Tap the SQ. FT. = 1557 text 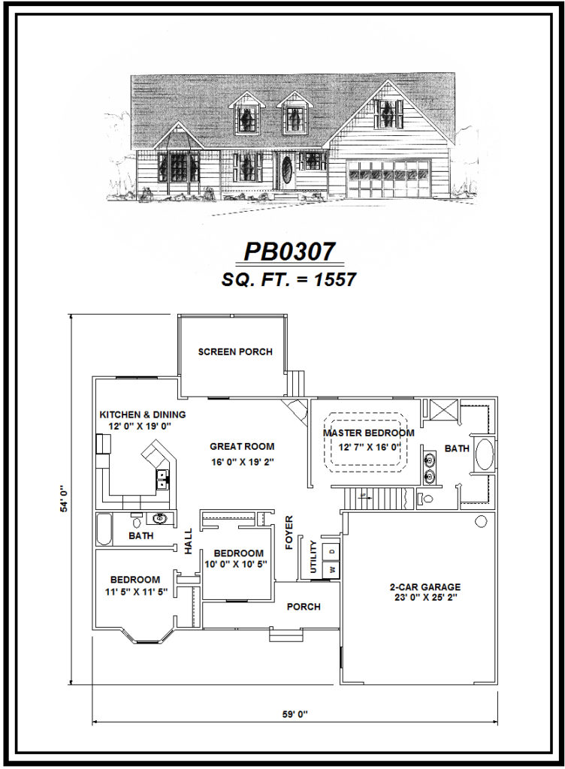[x=289, y=279]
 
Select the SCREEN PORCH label [x=235, y=351]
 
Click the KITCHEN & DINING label [x=143, y=415]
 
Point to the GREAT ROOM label [x=242, y=446]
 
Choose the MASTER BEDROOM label [x=369, y=433]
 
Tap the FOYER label [x=289, y=533]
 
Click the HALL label [x=189, y=541]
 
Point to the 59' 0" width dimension [x=295, y=714]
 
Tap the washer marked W [x=330, y=570]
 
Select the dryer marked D [x=330, y=552]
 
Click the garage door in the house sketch [x=388, y=180]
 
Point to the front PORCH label [x=304, y=607]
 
